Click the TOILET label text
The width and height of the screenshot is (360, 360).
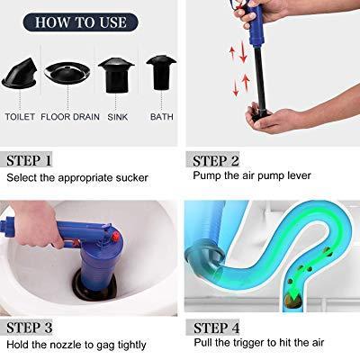20,117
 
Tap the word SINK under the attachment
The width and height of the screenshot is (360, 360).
117,117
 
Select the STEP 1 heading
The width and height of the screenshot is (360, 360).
36,161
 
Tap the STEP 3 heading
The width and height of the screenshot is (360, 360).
36,327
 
